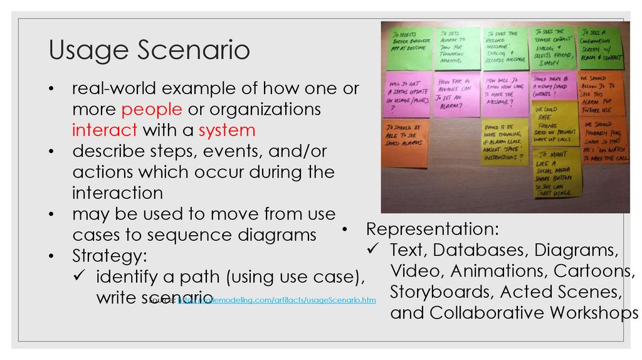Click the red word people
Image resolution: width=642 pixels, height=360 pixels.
pos(152,109)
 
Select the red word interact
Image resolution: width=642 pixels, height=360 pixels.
pos(105,130)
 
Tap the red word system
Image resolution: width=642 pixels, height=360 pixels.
pos(227,130)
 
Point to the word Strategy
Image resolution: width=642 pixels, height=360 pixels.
pos(110,255)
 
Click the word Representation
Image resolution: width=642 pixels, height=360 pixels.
pos(433,228)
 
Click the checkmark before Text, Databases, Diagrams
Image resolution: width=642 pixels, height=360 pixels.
pos(372,250)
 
